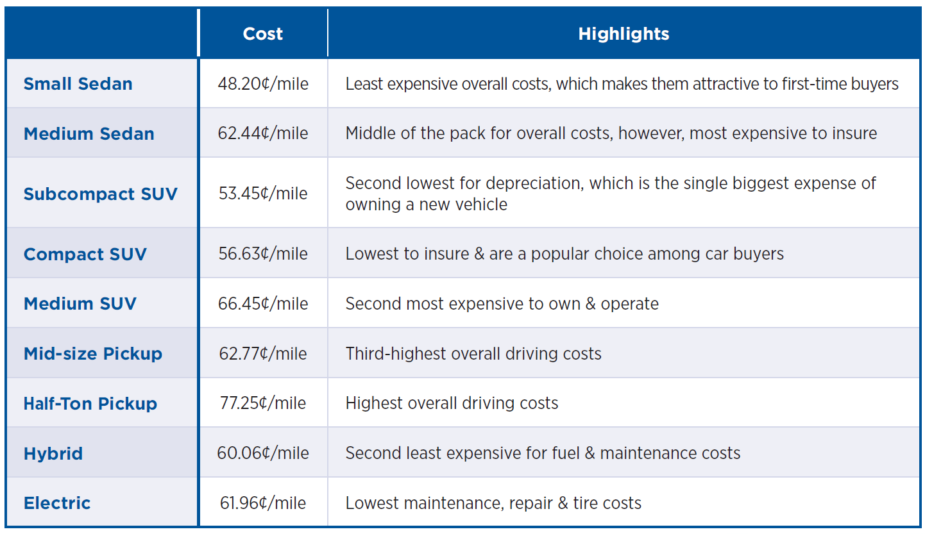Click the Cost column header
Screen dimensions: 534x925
(x=263, y=34)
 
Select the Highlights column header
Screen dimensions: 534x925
(x=624, y=34)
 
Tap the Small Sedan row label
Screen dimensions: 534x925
(x=78, y=84)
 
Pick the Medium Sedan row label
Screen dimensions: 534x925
(x=89, y=134)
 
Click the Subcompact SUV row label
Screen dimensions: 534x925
(x=101, y=194)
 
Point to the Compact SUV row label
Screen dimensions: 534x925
(x=85, y=254)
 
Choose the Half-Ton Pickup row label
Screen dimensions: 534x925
(x=90, y=404)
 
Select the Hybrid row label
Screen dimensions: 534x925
(x=53, y=454)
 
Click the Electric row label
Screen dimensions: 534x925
(x=57, y=503)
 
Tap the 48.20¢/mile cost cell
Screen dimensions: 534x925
(x=263, y=84)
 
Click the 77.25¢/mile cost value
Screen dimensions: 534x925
(x=263, y=403)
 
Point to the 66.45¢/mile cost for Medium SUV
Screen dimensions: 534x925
(x=263, y=304)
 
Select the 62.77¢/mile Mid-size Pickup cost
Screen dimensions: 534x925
(x=263, y=354)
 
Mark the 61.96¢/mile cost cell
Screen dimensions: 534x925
(x=263, y=503)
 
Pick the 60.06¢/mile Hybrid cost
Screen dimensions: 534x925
(x=263, y=453)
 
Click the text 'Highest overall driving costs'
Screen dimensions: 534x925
(x=452, y=403)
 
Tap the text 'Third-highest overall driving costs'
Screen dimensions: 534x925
(x=473, y=354)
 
